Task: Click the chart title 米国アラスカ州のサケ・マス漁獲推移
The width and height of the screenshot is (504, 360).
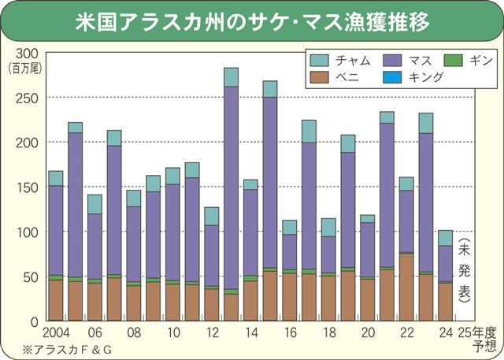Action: [x=252, y=20]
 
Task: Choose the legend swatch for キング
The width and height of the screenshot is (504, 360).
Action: [x=391, y=76]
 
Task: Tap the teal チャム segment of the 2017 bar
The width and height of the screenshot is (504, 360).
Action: [x=309, y=132]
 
